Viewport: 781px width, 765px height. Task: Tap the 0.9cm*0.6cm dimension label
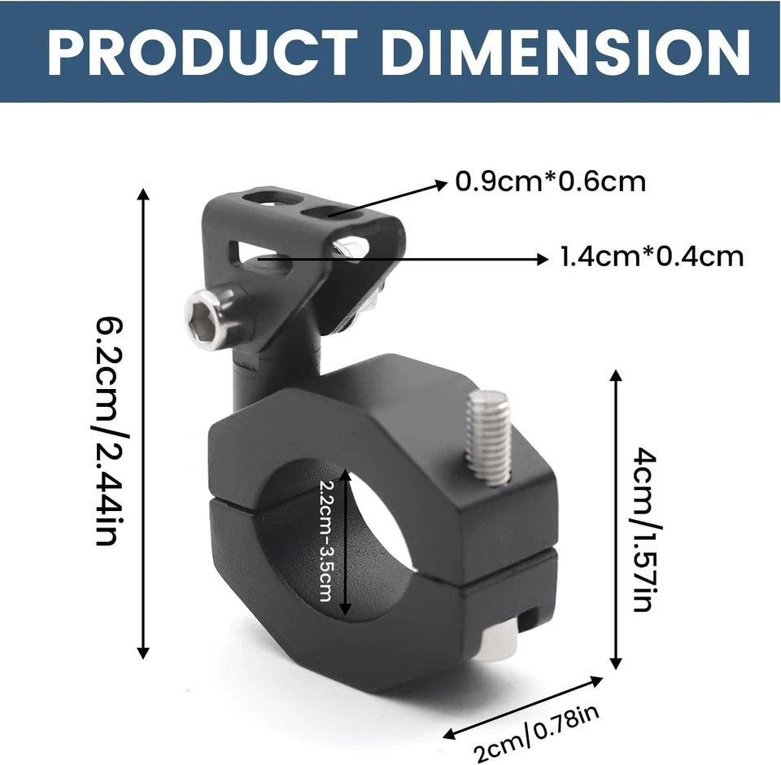pos(550,181)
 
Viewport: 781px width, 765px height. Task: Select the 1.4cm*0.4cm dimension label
pos(652,257)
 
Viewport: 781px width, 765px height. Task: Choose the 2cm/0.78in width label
pos(538,733)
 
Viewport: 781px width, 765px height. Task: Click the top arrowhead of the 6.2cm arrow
pos(144,196)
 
